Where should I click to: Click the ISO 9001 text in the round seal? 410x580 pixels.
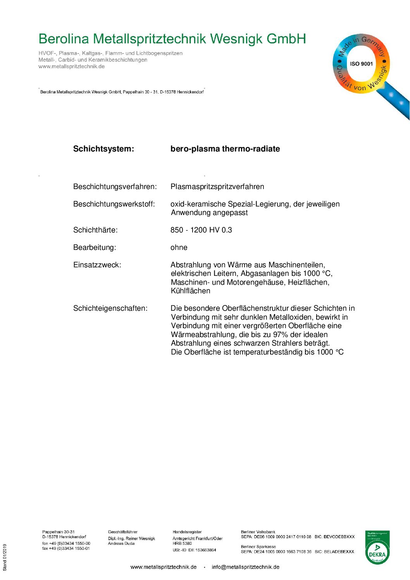[361, 64]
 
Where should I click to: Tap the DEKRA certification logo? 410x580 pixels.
[377, 547]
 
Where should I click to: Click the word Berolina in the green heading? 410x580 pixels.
[64, 39]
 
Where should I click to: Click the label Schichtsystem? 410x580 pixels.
[103, 149]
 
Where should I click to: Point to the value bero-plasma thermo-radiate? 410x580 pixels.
[225, 149]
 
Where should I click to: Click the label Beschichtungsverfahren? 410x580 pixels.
[115, 187]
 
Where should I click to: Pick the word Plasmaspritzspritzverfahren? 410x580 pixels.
[217, 187]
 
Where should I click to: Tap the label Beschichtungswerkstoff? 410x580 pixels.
[114, 204]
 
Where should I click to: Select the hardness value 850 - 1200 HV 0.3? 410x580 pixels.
[201, 230]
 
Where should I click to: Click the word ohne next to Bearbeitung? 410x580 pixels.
[179, 248]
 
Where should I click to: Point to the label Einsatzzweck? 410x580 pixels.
[97, 265]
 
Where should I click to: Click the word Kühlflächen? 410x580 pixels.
[190, 291]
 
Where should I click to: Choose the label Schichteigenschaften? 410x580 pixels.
[110, 308]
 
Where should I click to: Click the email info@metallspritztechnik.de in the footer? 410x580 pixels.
[245, 567]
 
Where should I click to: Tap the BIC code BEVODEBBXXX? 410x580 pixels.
[339, 537]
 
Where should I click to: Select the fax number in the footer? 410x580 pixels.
[66, 548]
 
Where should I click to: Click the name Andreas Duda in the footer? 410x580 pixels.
[121, 544]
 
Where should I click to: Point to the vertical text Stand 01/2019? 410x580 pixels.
[5, 558]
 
